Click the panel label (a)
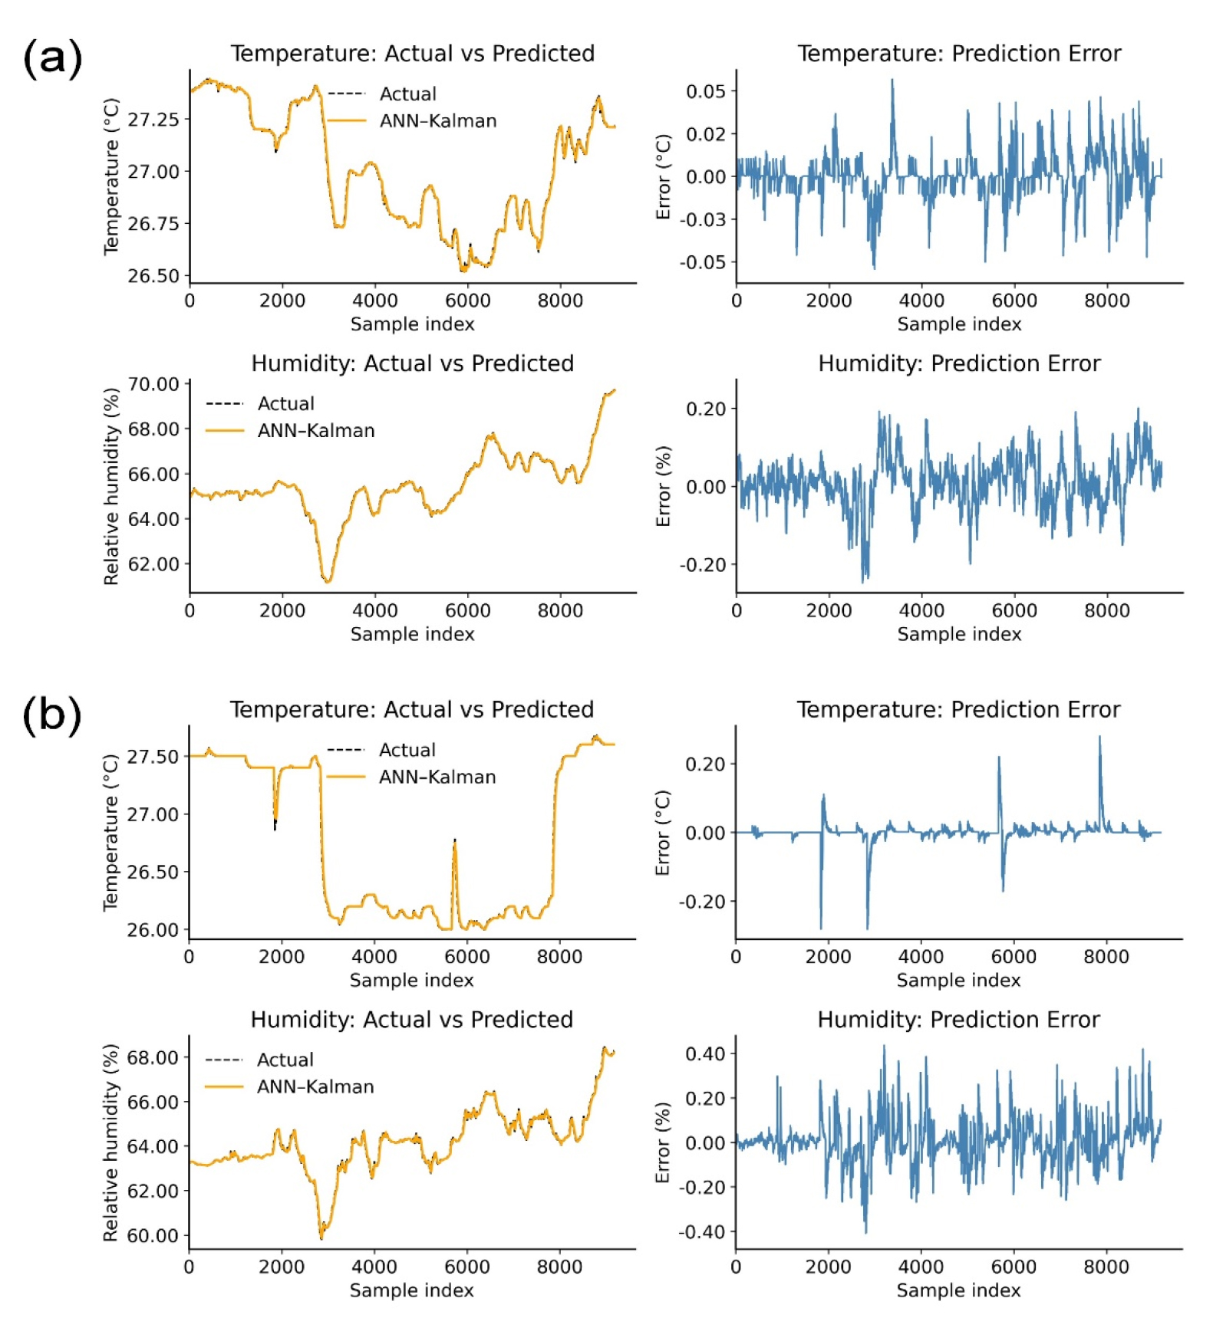point(52,58)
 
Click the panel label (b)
point(51,715)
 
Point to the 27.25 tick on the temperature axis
point(153,120)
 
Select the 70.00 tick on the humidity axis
point(153,384)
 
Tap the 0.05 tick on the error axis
point(705,91)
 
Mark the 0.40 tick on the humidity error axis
point(704,1053)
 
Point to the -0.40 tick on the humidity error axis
point(701,1231)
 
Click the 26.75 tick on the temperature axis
point(153,224)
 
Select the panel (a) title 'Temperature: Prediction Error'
point(959,54)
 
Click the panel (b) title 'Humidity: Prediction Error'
point(958,1020)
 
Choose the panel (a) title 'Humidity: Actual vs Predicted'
point(412,363)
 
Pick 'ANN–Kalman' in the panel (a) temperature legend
point(438,121)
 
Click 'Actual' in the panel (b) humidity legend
point(285,1060)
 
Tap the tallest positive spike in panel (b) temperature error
point(1099,738)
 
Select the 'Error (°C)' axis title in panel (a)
point(664,177)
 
